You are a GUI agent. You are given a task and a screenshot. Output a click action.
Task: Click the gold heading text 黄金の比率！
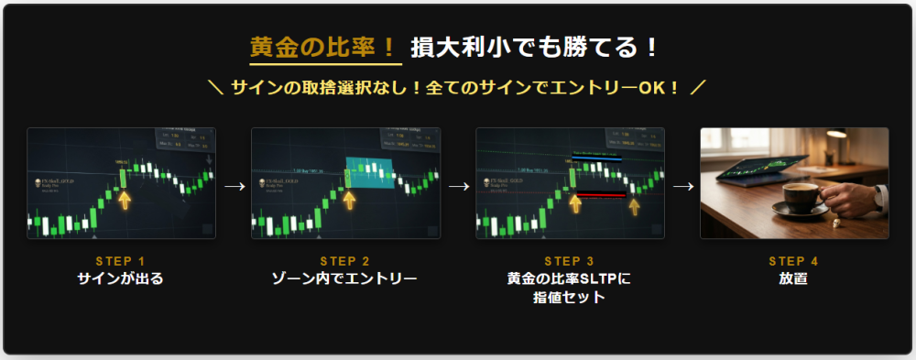pos(325,47)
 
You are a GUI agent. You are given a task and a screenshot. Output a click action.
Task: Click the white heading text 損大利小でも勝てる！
pos(535,47)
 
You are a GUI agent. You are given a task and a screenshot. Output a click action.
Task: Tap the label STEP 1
pos(120,261)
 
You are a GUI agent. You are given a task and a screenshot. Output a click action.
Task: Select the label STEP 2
pos(345,261)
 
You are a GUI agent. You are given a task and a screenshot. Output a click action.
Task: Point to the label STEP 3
pos(569,261)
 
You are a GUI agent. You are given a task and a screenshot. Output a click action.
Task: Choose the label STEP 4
pos(793,261)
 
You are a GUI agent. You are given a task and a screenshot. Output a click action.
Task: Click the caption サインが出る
pos(120,278)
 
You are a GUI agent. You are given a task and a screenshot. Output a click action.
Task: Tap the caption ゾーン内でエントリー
pos(345,278)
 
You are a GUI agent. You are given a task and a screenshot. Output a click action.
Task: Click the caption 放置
pos(793,278)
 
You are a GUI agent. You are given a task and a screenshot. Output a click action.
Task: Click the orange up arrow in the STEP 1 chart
pos(124,200)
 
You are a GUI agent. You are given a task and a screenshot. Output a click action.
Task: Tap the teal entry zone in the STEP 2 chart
pos(369,173)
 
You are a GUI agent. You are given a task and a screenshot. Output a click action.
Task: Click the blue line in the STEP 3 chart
pos(595,160)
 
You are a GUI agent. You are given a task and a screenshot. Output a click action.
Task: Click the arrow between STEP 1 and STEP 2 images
pos(234,185)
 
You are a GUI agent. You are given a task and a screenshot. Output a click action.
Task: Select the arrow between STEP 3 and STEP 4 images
pos(682,185)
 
